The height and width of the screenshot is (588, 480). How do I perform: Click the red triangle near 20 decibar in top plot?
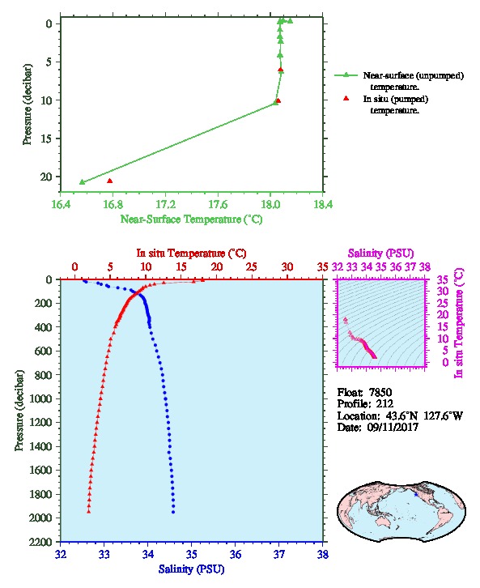click(x=110, y=181)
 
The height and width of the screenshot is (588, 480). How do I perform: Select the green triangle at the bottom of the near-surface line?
click(x=83, y=182)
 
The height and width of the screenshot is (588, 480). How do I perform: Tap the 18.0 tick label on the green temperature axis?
click(x=270, y=205)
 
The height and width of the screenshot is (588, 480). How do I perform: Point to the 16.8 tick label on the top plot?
click(x=113, y=205)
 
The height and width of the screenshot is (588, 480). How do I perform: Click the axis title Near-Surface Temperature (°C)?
click(x=191, y=219)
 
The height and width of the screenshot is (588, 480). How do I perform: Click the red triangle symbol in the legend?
click(x=346, y=98)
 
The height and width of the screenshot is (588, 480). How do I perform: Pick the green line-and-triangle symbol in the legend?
click(x=346, y=75)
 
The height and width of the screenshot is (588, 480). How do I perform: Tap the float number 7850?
click(x=380, y=393)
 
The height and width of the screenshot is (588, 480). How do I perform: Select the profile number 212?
click(x=384, y=404)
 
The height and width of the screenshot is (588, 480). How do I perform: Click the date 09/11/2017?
click(x=393, y=427)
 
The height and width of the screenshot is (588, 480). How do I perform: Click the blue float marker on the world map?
click(x=415, y=495)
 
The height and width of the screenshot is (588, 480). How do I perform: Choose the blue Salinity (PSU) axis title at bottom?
click(x=192, y=569)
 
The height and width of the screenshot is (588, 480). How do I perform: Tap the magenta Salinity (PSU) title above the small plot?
click(x=380, y=254)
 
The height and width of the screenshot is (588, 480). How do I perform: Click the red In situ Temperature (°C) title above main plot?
click(x=191, y=254)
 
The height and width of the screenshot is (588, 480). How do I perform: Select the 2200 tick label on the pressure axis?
click(x=41, y=542)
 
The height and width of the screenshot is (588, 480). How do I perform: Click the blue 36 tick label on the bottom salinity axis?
click(x=236, y=554)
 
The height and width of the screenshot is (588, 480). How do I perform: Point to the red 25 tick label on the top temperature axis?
click(x=252, y=267)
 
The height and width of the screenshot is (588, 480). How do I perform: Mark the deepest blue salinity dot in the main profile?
click(x=173, y=512)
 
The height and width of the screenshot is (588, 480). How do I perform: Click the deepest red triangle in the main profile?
click(x=89, y=511)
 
